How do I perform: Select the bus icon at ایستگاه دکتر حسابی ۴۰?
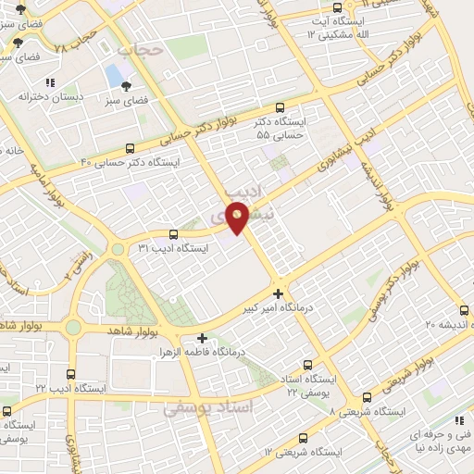[x=130, y=148]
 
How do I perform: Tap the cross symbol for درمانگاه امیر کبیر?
[x=279, y=293]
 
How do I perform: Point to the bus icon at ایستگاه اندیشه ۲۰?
[x=464, y=311]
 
